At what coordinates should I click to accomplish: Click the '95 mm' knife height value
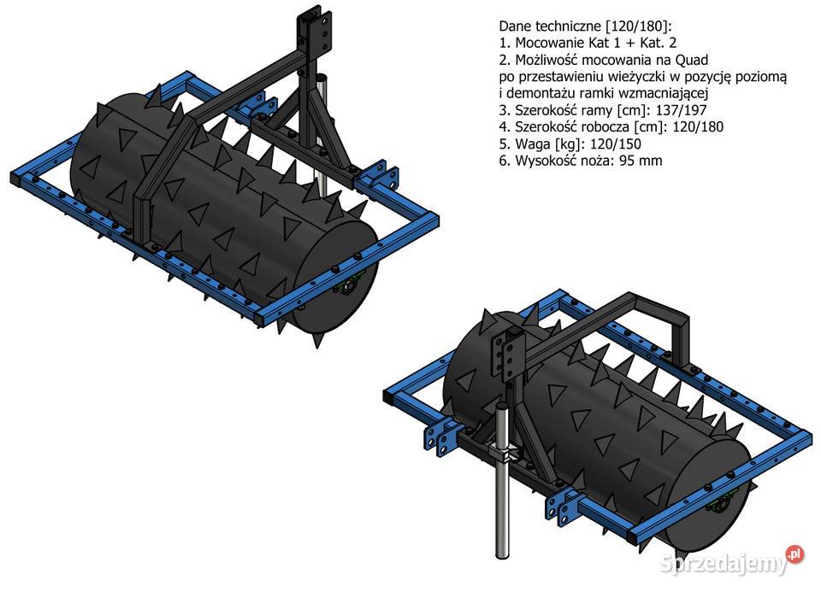pyautogui.click(x=641, y=161)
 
